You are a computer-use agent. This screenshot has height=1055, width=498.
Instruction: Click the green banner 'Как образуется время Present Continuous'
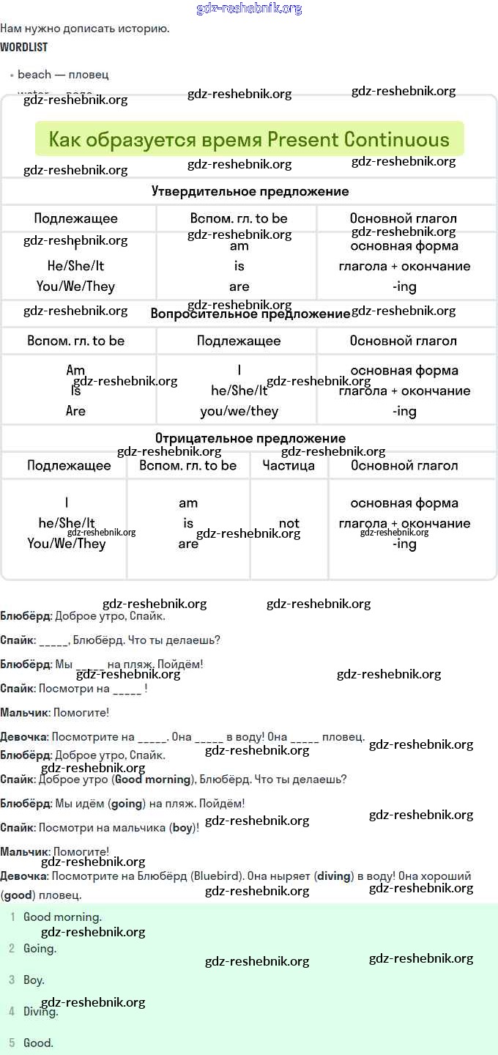point(249,139)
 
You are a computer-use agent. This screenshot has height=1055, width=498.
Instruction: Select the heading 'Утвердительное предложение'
point(250,191)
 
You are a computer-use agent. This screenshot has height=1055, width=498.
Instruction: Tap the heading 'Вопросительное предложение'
point(250,314)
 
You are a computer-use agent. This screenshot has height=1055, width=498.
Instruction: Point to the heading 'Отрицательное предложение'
point(250,438)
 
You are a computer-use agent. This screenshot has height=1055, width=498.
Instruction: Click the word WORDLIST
point(24,47)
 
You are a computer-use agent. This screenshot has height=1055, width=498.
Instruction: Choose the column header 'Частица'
point(289,465)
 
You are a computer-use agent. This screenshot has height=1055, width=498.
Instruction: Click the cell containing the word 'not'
point(289,523)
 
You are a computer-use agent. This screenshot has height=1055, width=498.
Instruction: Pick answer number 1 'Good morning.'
point(62,917)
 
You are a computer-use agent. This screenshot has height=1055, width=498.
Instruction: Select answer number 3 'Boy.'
point(34,980)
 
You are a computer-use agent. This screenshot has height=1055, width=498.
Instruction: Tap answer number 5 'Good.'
point(38,1043)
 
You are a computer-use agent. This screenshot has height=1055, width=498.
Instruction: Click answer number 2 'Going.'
point(40,948)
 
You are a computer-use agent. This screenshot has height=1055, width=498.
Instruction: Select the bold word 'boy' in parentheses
point(182,828)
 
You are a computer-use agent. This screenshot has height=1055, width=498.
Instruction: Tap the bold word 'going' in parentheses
point(127,804)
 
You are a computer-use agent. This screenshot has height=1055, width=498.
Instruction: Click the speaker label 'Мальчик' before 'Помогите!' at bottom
point(24,851)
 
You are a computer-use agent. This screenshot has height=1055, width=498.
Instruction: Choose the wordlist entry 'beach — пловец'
point(63,75)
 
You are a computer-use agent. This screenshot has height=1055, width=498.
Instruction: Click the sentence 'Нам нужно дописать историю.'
point(85,29)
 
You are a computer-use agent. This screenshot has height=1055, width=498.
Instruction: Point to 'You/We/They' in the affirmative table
point(76,286)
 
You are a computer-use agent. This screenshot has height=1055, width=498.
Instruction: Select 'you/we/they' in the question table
point(239,411)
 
